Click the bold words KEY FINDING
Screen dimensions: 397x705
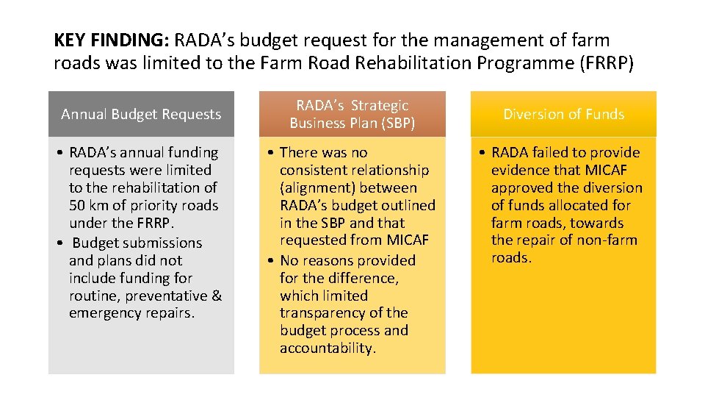111,40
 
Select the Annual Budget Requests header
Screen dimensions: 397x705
141,114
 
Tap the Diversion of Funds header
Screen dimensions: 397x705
564,114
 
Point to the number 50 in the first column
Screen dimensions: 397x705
77,205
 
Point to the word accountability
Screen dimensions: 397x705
328,348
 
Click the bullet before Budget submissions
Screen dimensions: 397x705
60,243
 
